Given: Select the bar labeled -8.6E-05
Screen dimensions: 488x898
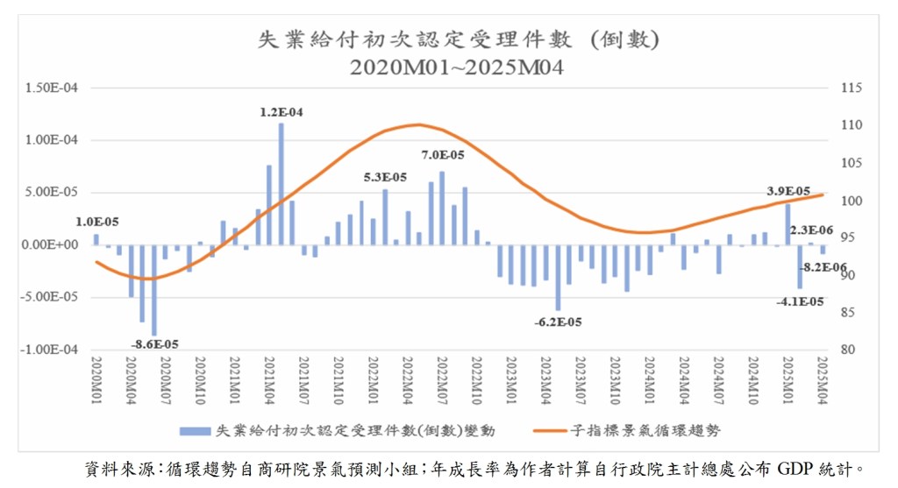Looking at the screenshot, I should click(154, 289).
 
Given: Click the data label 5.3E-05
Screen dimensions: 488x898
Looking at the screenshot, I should click(385, 178).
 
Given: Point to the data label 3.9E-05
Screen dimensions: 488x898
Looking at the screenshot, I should click(788, 191).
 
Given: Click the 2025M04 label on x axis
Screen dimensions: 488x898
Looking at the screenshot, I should click(823, 379).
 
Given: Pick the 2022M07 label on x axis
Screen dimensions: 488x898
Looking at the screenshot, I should click(442, 379).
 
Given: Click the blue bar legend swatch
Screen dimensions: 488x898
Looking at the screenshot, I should click(195, 431).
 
